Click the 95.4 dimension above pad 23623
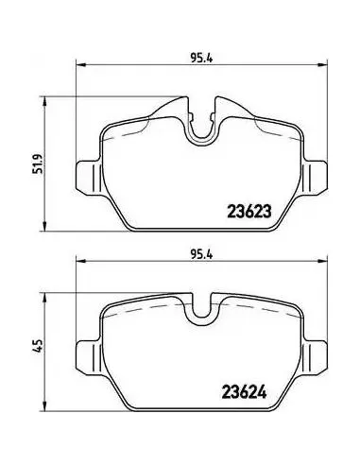point(202,59)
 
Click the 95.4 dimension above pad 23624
point(202,254)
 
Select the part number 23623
point(249,212)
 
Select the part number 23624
point(245,392)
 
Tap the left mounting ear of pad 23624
point(89,355)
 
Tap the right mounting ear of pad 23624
point(316,355)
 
